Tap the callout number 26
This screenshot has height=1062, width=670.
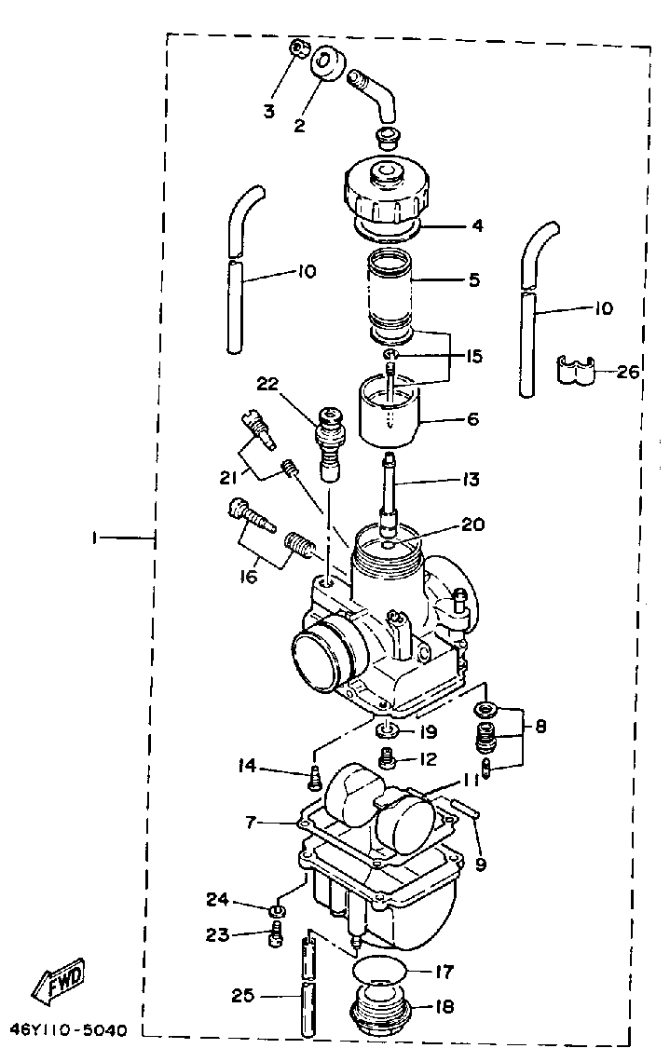[628, 372]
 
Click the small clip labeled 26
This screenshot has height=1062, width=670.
[576, 370]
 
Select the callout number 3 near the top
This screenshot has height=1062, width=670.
[268, 112]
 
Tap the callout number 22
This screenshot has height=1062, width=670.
[268, 384]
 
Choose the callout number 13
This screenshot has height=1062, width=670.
[469, 480]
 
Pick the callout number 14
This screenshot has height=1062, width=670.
[246, 767]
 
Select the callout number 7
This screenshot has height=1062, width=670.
[250, 823]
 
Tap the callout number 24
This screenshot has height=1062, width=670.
[216, 899]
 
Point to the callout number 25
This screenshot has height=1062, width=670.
[241, 996]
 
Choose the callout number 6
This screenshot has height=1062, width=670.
[472, 419]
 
